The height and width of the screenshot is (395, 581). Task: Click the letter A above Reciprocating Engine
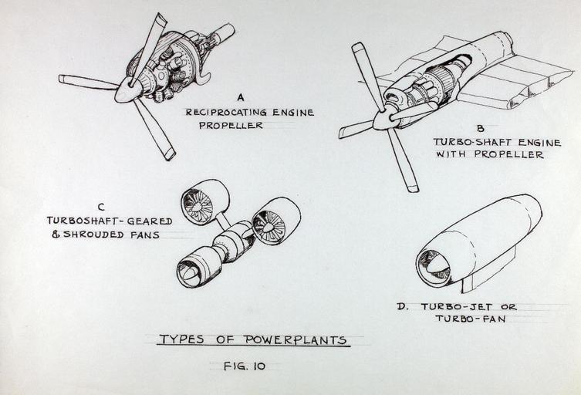point(241,98)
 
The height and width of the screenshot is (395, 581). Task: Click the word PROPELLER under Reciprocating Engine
point(230,125)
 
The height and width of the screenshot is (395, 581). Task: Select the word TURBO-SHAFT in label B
point(465,142)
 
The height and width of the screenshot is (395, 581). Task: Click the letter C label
point(102,206)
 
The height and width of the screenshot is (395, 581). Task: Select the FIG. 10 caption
point(244,366)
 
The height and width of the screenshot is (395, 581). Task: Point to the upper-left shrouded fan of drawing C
point(202,202)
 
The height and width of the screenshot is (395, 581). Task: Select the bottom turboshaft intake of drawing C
point(190,272)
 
